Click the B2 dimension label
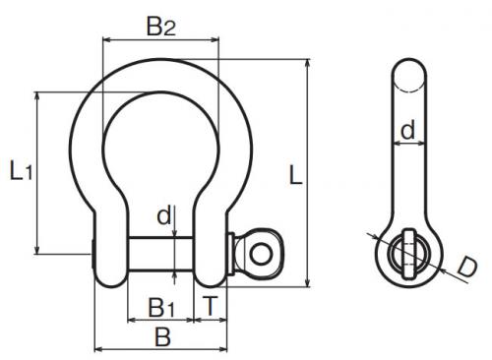161,27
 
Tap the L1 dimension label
21,170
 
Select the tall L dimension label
295,175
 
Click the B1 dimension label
161,308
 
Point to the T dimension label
210,306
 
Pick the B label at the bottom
163,336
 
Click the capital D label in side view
467,267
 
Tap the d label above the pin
164,215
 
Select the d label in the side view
408,130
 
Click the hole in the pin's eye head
261,254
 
